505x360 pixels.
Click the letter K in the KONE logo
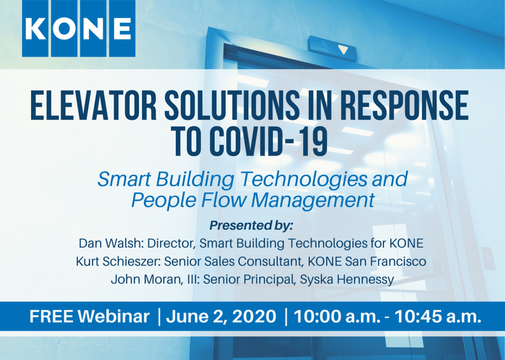(35, 28)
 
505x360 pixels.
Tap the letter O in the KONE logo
(64, 28)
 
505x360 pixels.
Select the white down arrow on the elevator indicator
(342, 50)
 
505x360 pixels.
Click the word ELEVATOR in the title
(94, 106)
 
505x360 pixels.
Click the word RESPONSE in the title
(404, 106)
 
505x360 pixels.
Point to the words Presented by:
(251, 225)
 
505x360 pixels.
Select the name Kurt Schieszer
(117, 261)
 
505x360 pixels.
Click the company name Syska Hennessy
(347, 280)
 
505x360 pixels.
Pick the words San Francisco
(386, 261)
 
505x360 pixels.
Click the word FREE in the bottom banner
(51, 316)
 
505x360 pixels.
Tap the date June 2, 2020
(221, 316)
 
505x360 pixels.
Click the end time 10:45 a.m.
(438, 316)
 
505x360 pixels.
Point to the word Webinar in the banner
(114, 316)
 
